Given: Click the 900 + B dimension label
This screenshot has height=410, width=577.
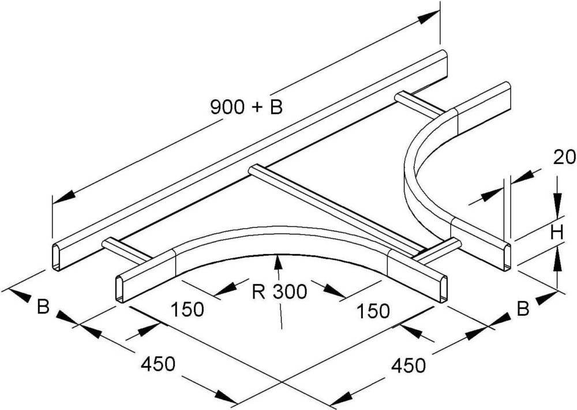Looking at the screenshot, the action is tap(246, 107).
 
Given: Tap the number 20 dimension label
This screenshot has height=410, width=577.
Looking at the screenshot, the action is tap(564, 158).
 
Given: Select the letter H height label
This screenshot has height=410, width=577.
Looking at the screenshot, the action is tap(558, 233).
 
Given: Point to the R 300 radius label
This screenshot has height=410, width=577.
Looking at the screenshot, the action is tap(279, 292).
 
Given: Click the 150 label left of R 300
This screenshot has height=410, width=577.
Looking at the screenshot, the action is tap(188, 310).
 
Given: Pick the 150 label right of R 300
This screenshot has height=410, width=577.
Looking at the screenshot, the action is tap(373, 311).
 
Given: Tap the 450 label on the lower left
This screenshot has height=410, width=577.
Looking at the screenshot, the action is tap(158, 364).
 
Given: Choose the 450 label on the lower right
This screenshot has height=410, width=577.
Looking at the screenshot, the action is tap(409, 366).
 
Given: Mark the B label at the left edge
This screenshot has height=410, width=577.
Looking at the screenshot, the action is tap(43, 307).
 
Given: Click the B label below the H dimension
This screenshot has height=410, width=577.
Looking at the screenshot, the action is tap(523, 309).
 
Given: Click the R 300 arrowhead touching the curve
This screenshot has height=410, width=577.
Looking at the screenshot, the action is tap(278, 262).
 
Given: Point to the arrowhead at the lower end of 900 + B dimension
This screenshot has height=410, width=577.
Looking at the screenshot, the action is tap(63, 196).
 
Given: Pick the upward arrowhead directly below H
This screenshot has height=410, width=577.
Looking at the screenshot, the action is tap(558, 258).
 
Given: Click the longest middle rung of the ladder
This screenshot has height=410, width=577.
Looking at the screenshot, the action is tap(334, 211).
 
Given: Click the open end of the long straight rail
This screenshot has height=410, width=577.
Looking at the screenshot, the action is tap(57, 258).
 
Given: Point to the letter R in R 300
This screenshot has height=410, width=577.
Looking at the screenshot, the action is tap(258, 292).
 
